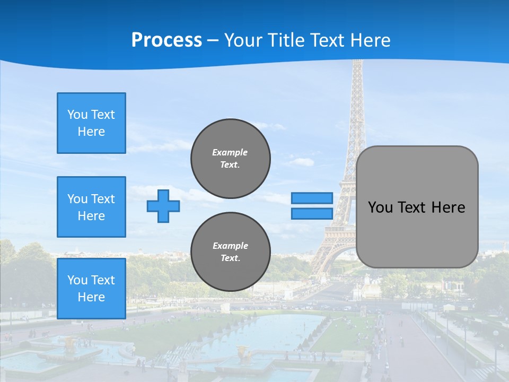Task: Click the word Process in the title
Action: pos(166,40)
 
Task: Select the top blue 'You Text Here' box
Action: pos(91,123)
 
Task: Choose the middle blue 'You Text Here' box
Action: pos(91,207)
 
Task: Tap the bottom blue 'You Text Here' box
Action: pos(91,289)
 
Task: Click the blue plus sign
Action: pos(163,206)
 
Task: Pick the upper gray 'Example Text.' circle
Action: pos(230,159)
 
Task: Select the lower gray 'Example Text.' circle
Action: pos(230,252)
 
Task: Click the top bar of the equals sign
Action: pos(312,198)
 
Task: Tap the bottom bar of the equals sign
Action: pos(312,213)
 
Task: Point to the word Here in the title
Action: pos(369,40)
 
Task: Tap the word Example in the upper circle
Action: pos(230,152)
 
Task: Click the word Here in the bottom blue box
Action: pos(91,297)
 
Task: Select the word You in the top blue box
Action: pos(77,115)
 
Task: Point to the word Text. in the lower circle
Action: pos(230,258)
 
